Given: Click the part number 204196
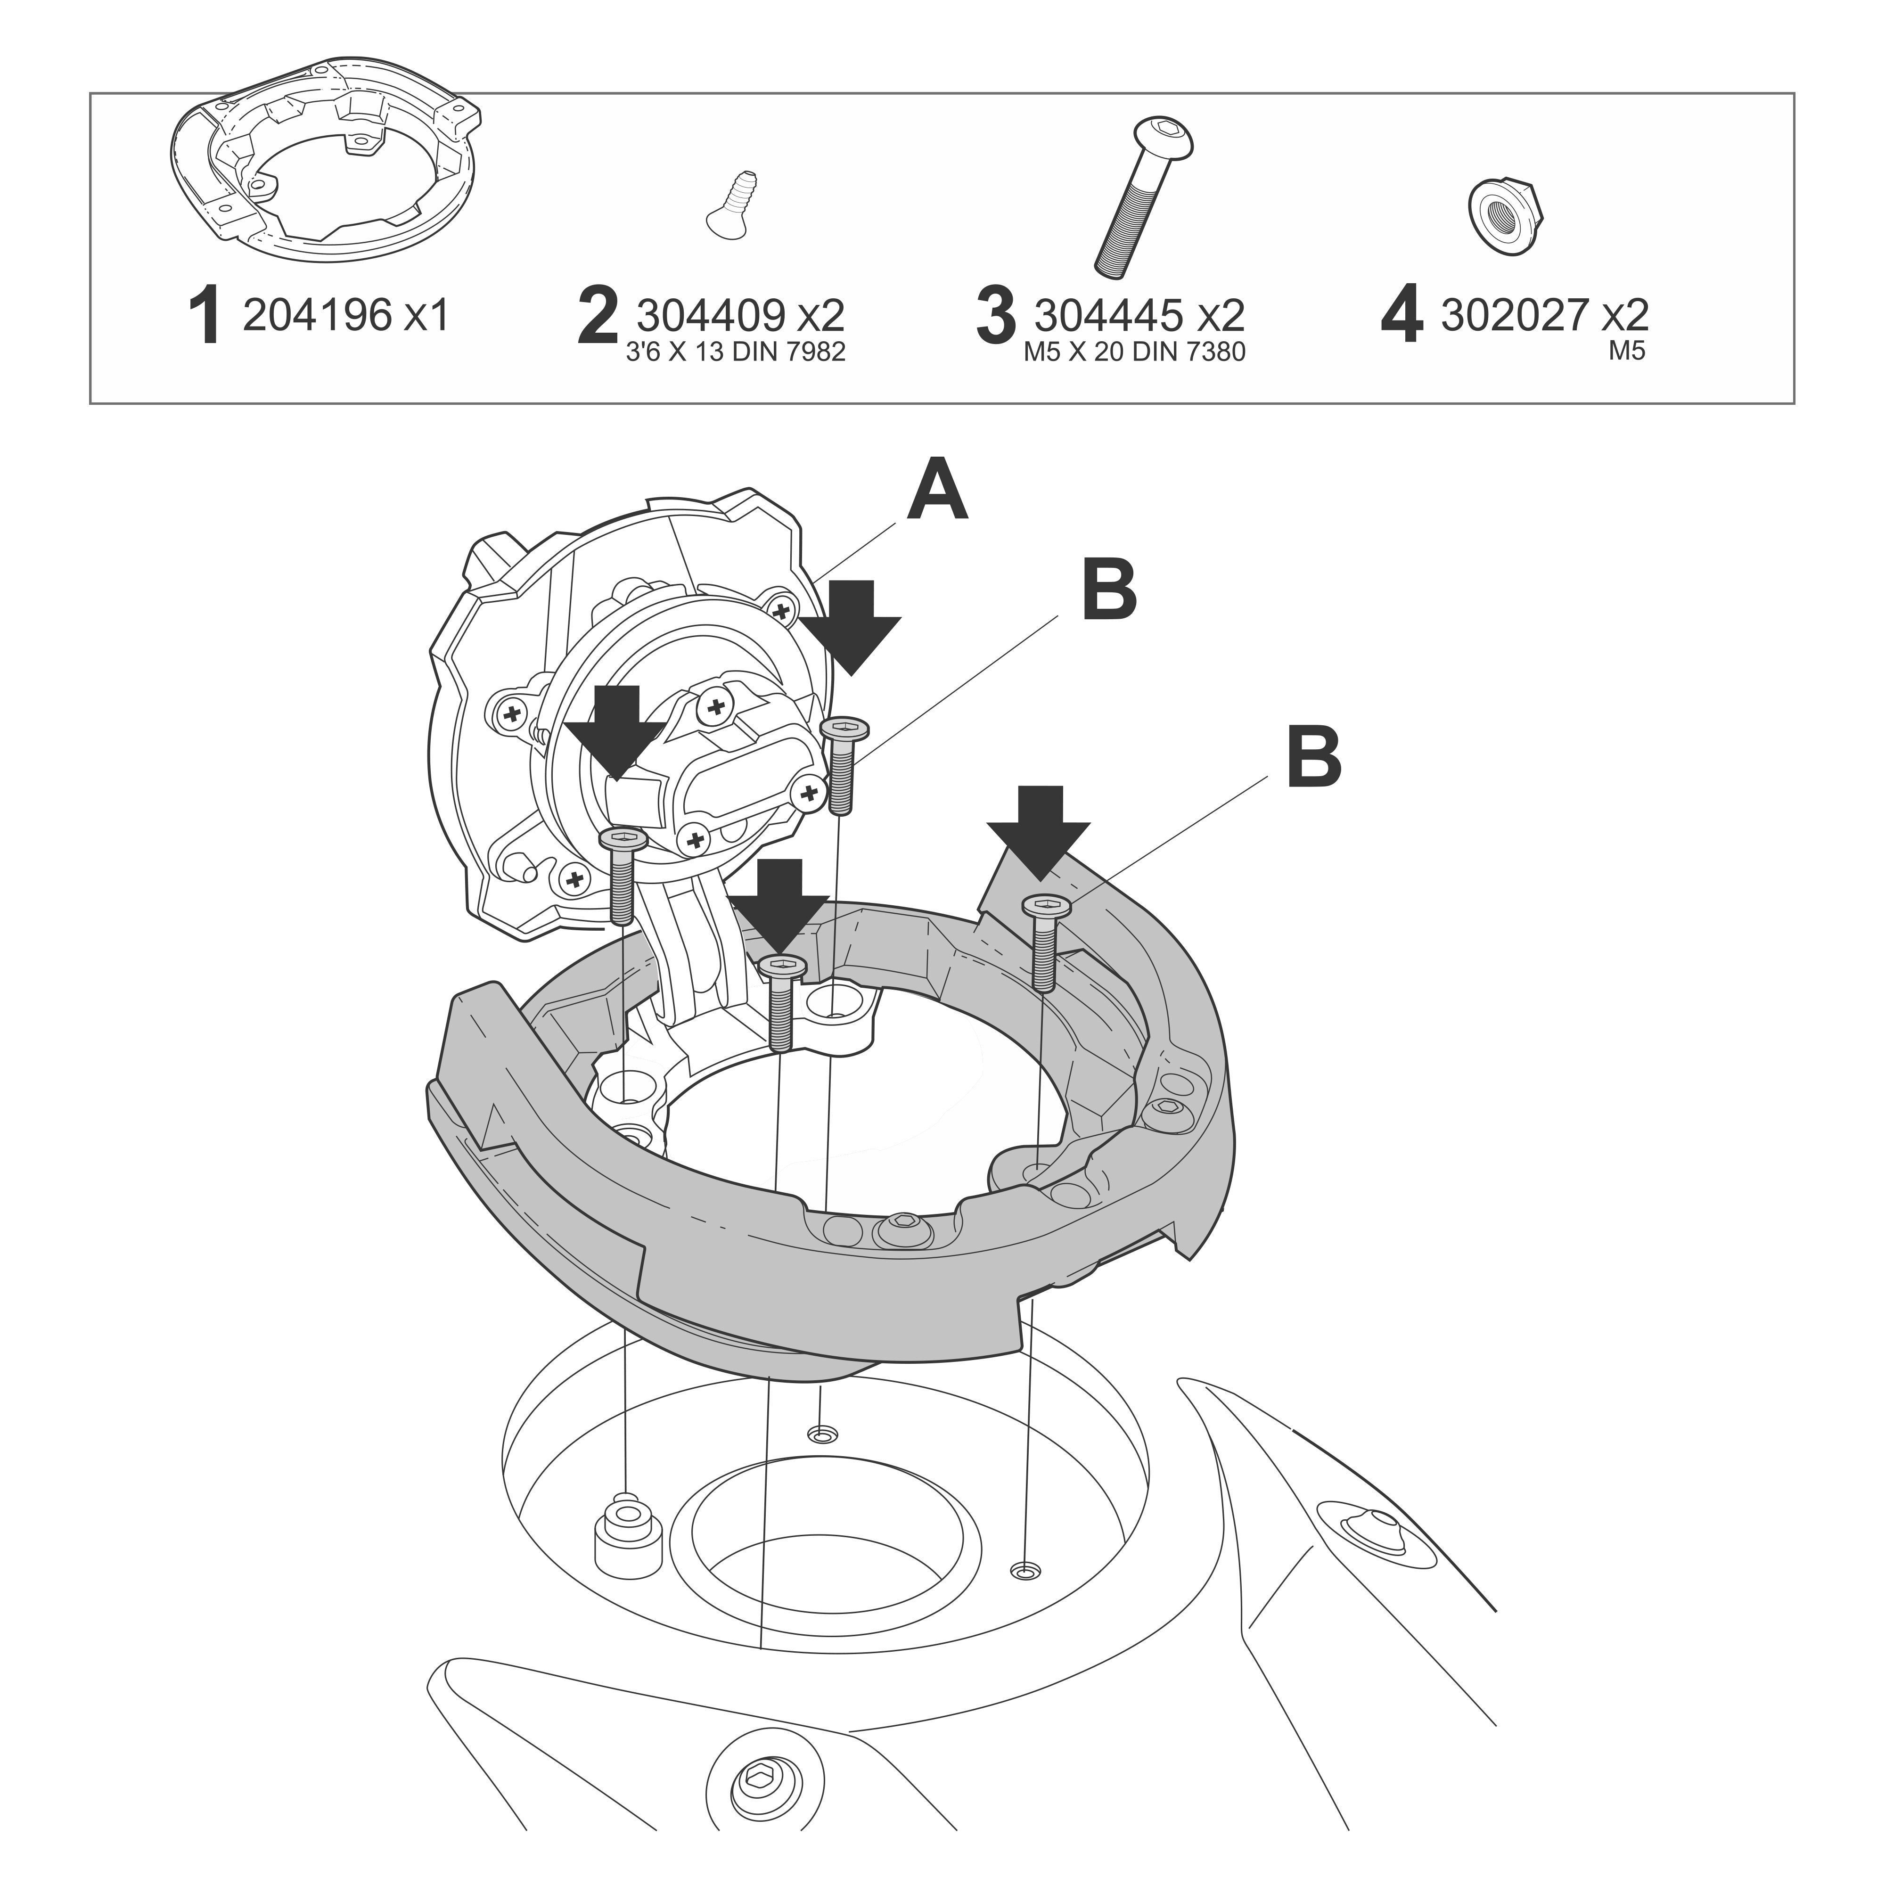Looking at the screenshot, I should click(317, 315).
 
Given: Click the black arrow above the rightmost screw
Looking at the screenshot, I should click(1038, 832).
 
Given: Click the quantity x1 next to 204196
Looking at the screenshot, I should click(426, 315).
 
